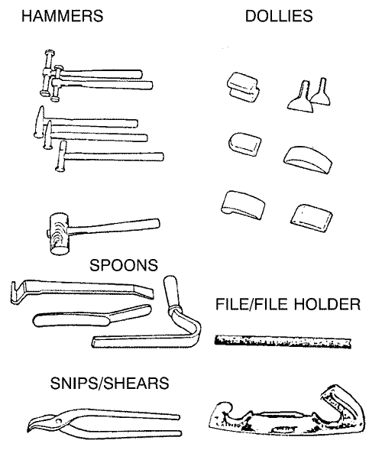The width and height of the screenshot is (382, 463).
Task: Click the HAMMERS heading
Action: [x=63, y=16]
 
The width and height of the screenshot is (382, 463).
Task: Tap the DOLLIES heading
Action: [x=279, y=16]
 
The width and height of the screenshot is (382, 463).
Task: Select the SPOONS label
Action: [x=124, y=265]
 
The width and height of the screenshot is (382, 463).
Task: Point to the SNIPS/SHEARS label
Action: [x=109, y=384]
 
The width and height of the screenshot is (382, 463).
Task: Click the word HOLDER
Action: [x=328, y=304]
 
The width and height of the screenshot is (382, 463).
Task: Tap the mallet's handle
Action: [x=115, y=226]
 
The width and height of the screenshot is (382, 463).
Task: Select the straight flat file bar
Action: [x=283, y=342]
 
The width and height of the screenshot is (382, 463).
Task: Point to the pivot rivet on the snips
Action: [x=60, y=420]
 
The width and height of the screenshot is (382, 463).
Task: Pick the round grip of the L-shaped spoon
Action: [x=171, y=293]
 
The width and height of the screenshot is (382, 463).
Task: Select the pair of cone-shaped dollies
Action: [x=309, y=95]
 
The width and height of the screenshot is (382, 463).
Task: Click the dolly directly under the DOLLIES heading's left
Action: [x=243, y=87]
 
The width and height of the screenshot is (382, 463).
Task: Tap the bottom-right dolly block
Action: [x=311, y=219]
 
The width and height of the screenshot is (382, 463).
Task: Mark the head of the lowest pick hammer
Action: [x=61, y=156]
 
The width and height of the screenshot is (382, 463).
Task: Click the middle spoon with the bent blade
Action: [x=92, y=316]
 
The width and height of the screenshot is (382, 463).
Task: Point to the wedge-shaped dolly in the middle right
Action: [x=308, y=160]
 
